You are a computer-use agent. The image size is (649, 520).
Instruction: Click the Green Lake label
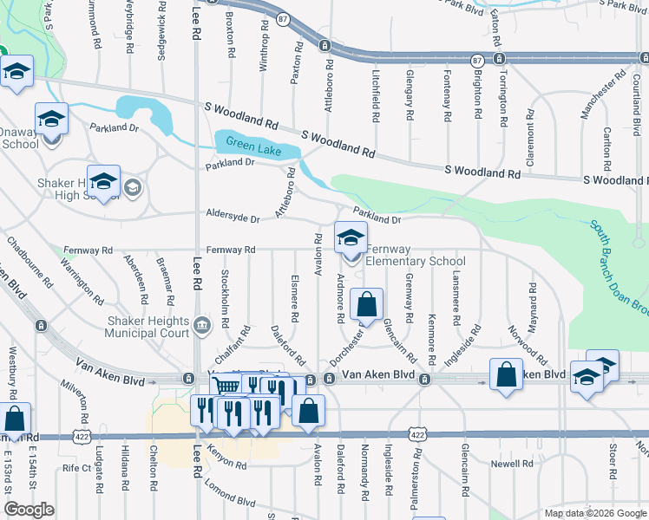pyautogui.click(x=248, y=144)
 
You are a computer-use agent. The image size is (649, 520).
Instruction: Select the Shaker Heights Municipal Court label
pyautogui.click(x=147, y=327)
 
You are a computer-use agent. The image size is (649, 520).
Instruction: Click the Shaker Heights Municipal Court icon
pyautogui.click(x=202, y=326)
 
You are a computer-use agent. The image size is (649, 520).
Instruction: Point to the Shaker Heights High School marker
pyautogui.click(x=103, y=181)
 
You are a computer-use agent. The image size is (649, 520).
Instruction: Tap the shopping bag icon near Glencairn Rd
pyautogui.click(x=367, y=305)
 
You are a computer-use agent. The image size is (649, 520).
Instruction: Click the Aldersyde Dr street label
pyautogui.click(x=233, y=218)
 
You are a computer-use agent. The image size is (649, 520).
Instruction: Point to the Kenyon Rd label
pyautogui.click(x=226, y=462)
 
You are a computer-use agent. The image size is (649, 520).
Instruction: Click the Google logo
pyautogui.click(x=29, y=510)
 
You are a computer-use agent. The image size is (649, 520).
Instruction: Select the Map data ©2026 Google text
pyautogui.click(x=594, y=513)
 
